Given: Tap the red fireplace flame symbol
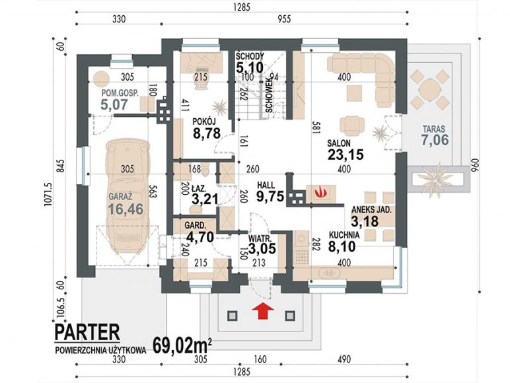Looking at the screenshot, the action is (x=320, y=191).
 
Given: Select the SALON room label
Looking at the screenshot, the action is (x=339, y=143).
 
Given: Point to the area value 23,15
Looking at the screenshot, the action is (x=346, y=155).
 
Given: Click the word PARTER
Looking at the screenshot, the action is (x=87, y=332).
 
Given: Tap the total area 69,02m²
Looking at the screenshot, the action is (x=183, y=345).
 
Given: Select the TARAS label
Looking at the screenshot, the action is (x=434, y=129).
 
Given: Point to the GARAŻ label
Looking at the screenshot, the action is (x=120, y=196).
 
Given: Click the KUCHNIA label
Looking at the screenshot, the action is (x=344, y=234).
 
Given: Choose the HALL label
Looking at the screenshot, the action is (x=266, y=186).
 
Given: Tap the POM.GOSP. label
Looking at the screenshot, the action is (x=120, y=93).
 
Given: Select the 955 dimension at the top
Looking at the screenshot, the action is (x=284, y=19).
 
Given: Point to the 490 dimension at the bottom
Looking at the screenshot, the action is (x=344, y=359).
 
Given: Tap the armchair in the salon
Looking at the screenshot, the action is (x=352, y=125).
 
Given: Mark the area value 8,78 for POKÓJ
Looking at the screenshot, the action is (x=207, y=133).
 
